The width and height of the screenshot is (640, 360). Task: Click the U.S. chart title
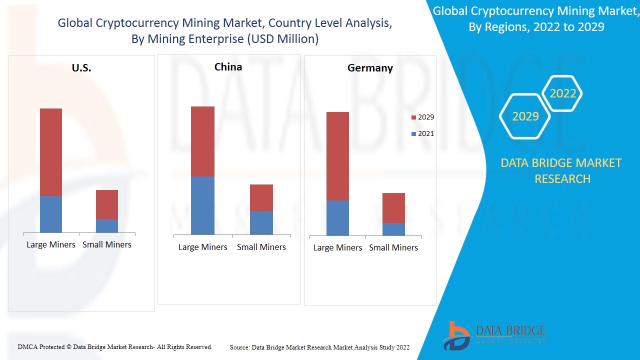point(81,68)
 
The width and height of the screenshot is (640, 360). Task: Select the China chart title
point(228,67)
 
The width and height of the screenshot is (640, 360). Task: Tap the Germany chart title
point(370,68)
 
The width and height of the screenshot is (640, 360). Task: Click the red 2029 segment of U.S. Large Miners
point(51,152)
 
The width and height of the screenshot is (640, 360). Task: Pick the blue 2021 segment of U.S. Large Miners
point(51,214)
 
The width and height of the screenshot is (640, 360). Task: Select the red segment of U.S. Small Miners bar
point(107,204)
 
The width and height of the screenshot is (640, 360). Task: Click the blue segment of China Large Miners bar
point(202,205)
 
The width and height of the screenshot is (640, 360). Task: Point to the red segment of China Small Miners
point(261,197)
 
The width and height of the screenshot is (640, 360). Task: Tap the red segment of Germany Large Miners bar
point(337,156)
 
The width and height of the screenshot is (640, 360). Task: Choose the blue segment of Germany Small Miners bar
point(393,229)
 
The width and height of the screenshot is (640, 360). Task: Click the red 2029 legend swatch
point(413,117)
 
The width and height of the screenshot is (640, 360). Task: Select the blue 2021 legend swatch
point(413,134)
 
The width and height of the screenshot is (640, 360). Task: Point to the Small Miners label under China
point(261,247)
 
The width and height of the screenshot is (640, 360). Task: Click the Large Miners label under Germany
point(337,247)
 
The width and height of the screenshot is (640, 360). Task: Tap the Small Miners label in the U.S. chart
point(107,244)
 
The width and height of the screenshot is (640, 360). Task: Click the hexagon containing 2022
point(563,93)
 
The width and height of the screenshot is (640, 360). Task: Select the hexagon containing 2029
point(525,116)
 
